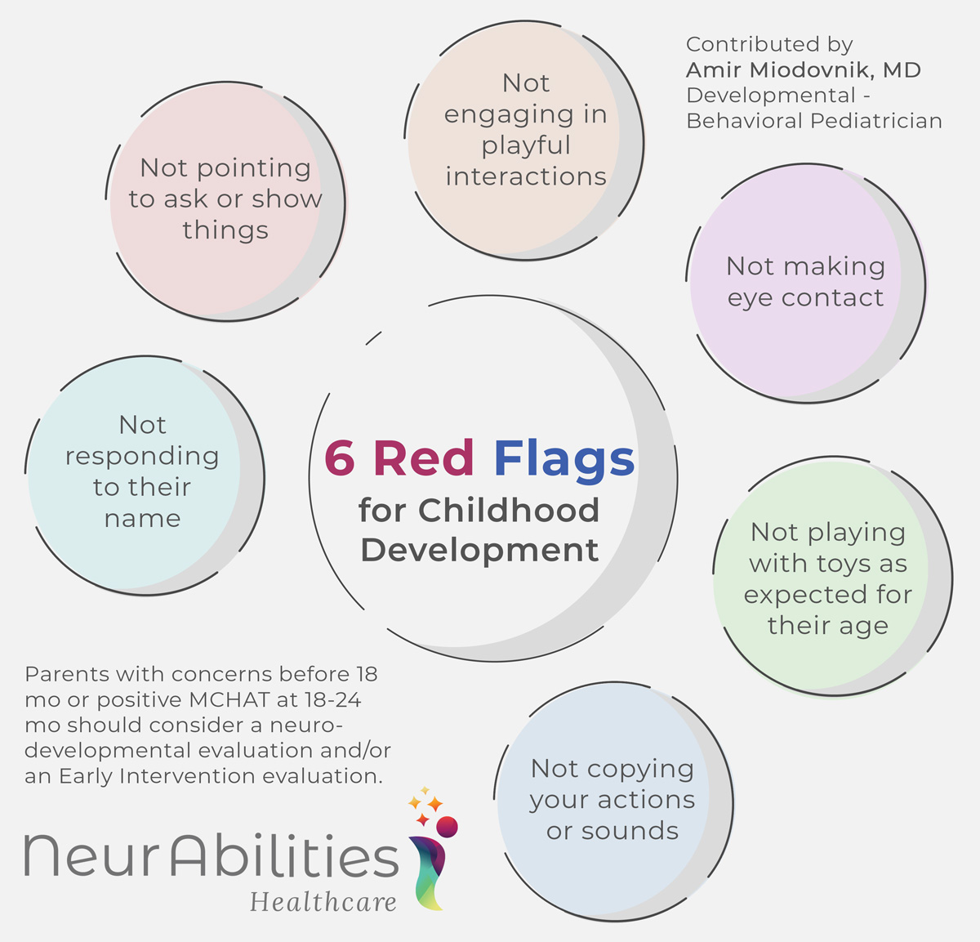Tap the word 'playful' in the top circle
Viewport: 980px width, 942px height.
click(x=525, y=146)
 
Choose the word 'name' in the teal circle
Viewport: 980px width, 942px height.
click(x=142, y=519)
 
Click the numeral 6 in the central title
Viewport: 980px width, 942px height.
click(x=340, y=458)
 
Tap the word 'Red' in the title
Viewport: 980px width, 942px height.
click(x=423, y=458)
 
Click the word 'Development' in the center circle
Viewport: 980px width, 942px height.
click(x=479, y=550)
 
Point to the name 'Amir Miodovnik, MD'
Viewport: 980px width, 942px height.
click(x=804, y=70)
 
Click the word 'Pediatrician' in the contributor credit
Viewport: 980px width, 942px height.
click(x=877, y=121)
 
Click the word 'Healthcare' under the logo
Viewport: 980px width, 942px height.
click(x=323, y=902)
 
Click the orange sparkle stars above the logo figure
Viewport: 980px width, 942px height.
click(x=425, y=806)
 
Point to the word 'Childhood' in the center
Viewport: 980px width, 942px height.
click(x=509, y=511)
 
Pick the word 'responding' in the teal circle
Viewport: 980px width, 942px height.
click(x=142, y=457)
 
